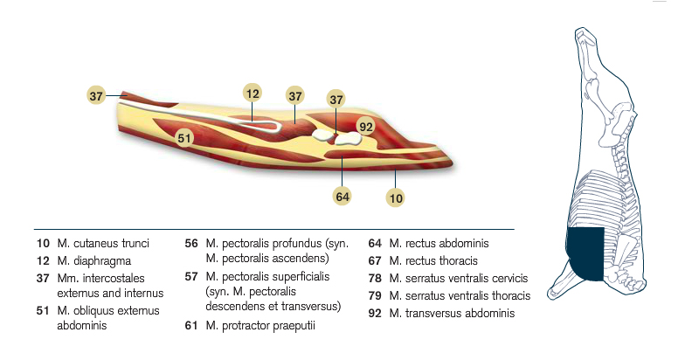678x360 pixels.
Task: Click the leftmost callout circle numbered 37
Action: coord(96,95)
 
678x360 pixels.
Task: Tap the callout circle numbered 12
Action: coord(253,93)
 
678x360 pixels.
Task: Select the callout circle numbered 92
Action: coord(366,127)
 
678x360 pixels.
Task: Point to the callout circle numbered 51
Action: coord(184,138)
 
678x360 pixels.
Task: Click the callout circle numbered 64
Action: coord(342,197)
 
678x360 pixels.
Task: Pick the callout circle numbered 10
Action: coord(396,198)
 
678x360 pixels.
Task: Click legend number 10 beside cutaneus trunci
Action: coord(43,243)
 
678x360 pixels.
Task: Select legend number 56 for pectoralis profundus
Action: coord(191,243)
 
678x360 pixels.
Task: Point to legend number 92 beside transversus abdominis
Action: coord(375,314)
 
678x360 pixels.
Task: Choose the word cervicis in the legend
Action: coord(508,278)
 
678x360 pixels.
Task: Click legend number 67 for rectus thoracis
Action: coord(375,261)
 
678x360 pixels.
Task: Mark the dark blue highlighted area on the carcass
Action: coord(585,253)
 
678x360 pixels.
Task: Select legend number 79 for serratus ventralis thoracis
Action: coord(375,296)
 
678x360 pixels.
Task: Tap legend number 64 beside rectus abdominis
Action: coord(375,243)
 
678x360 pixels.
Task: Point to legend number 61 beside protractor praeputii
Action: coord(191,325)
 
